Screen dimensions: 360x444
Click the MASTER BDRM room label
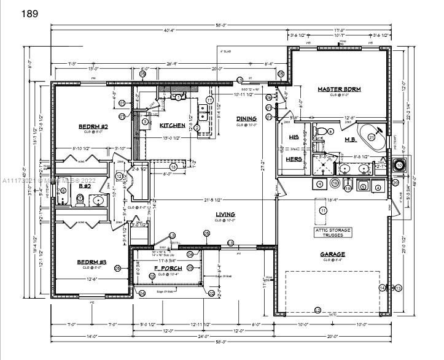[x=339, y=89]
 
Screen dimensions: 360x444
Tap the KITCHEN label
[x=173, y=125]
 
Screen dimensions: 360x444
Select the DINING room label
[x=246, y=118]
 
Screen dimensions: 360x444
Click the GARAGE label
[x=332, y=253]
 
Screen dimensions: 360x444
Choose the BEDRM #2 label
[x=93, y=127]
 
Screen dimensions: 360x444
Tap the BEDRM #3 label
[x=92, y=262]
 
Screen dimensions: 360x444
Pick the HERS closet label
[x=294, y=158]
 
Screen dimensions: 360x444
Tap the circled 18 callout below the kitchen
[x=173, y=166]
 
